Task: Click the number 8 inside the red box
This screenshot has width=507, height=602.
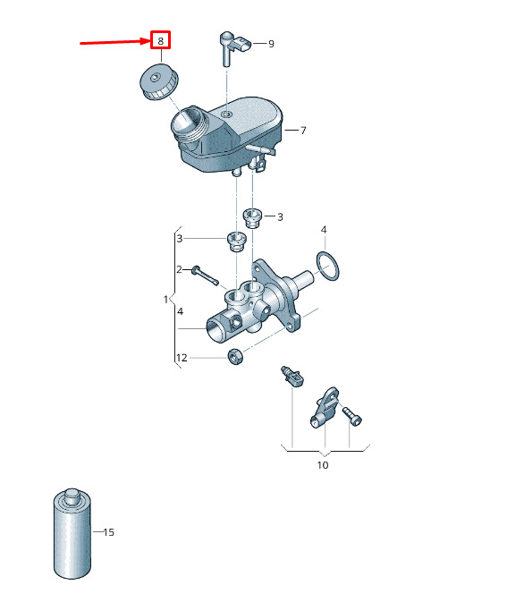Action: pos(160,40)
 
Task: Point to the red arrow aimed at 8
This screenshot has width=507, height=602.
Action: pos(115,42)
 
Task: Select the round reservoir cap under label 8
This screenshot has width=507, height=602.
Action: pos(158,82)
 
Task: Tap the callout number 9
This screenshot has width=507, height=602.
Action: pos(271,44)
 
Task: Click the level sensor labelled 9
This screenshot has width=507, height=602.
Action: pos(233,47)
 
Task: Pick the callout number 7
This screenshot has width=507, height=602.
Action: pos(303,131)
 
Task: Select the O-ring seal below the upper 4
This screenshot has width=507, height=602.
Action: pos(328,266)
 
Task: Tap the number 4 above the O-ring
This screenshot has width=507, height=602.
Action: pos(324,230)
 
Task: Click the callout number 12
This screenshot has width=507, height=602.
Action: pos(182,358)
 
